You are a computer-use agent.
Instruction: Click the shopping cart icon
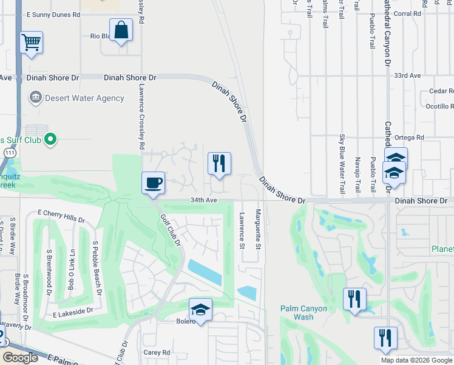[x=31, y=43]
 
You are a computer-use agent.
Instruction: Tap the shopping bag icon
[x=121, y=30]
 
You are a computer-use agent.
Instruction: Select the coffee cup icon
[x=153, y=182]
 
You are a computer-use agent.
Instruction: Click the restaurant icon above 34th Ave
[x=219, y=164]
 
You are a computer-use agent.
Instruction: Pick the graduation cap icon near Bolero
[x=200, y=310]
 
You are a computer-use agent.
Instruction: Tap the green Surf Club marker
[x=51, y=140]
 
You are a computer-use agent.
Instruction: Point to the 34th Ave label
[x=203, y=200]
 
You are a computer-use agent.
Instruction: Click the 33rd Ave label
[x=407, y=76]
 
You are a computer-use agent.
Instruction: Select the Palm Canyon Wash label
[x=303, y=313]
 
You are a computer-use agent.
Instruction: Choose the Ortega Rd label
[x=408, y=137]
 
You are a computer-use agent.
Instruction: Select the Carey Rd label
[x=157, y=352]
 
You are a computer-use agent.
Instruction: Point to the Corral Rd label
[x=407, y=13]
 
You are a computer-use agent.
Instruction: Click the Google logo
[x=21, y=358]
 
